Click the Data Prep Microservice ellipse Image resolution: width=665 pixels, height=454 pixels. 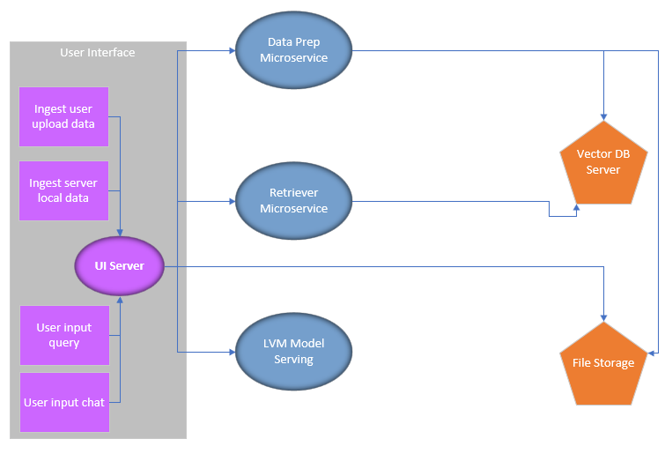293,50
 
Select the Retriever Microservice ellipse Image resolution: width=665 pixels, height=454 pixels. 293,201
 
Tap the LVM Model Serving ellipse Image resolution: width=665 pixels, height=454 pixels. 293,352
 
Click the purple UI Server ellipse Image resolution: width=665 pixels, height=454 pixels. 120,265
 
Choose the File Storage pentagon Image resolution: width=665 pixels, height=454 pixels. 603,363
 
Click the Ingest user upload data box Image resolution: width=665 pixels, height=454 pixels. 63,116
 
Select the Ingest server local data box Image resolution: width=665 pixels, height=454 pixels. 63,190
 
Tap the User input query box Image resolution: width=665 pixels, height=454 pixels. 63,335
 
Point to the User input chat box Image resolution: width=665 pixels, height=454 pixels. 63,402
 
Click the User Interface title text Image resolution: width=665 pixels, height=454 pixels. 98,53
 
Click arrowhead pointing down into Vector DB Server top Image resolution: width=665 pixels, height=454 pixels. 603,116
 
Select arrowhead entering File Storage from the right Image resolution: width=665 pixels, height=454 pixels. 652,353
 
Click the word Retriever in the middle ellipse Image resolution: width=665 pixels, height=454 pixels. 293,193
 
